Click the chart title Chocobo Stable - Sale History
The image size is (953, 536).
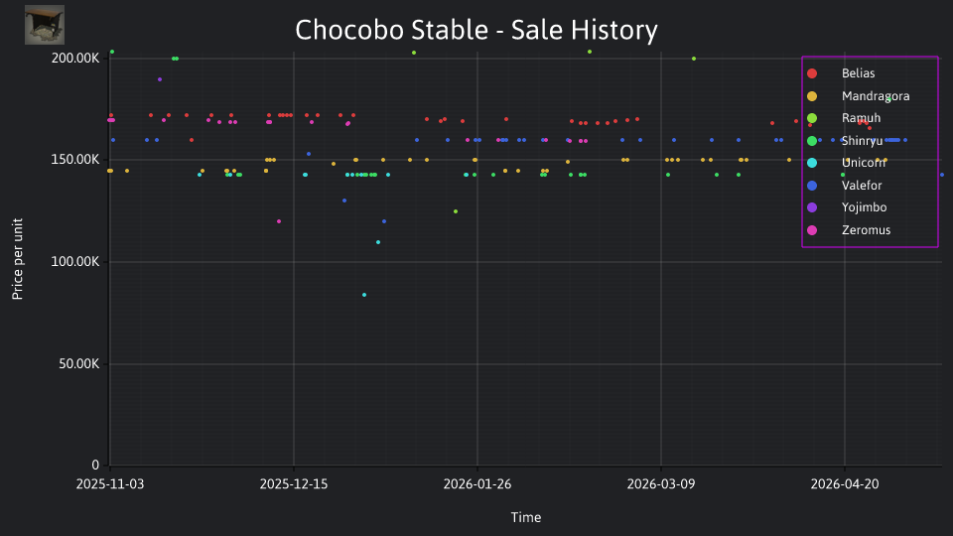tap(476, 30)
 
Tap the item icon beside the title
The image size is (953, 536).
tap(45, 25)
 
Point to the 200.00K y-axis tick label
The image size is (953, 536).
tap(75, 59)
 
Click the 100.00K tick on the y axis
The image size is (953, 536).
tap(75, 262)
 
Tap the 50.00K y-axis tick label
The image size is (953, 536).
tap(79, 364)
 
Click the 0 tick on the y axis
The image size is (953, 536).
tap(95, 465)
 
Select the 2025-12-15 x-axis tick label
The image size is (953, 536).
tap(294, 484)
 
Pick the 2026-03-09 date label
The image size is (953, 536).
tap(661, 484)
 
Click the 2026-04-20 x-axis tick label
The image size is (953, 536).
tap(844, 484)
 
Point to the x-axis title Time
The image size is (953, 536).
tap(526, 517)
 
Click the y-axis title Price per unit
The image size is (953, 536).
tap(18, 259)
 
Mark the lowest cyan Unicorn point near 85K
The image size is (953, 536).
tap(364, 296)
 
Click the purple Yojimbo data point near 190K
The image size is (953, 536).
tap(160, 79)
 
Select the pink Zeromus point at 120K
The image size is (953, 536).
tap(279, 221)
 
